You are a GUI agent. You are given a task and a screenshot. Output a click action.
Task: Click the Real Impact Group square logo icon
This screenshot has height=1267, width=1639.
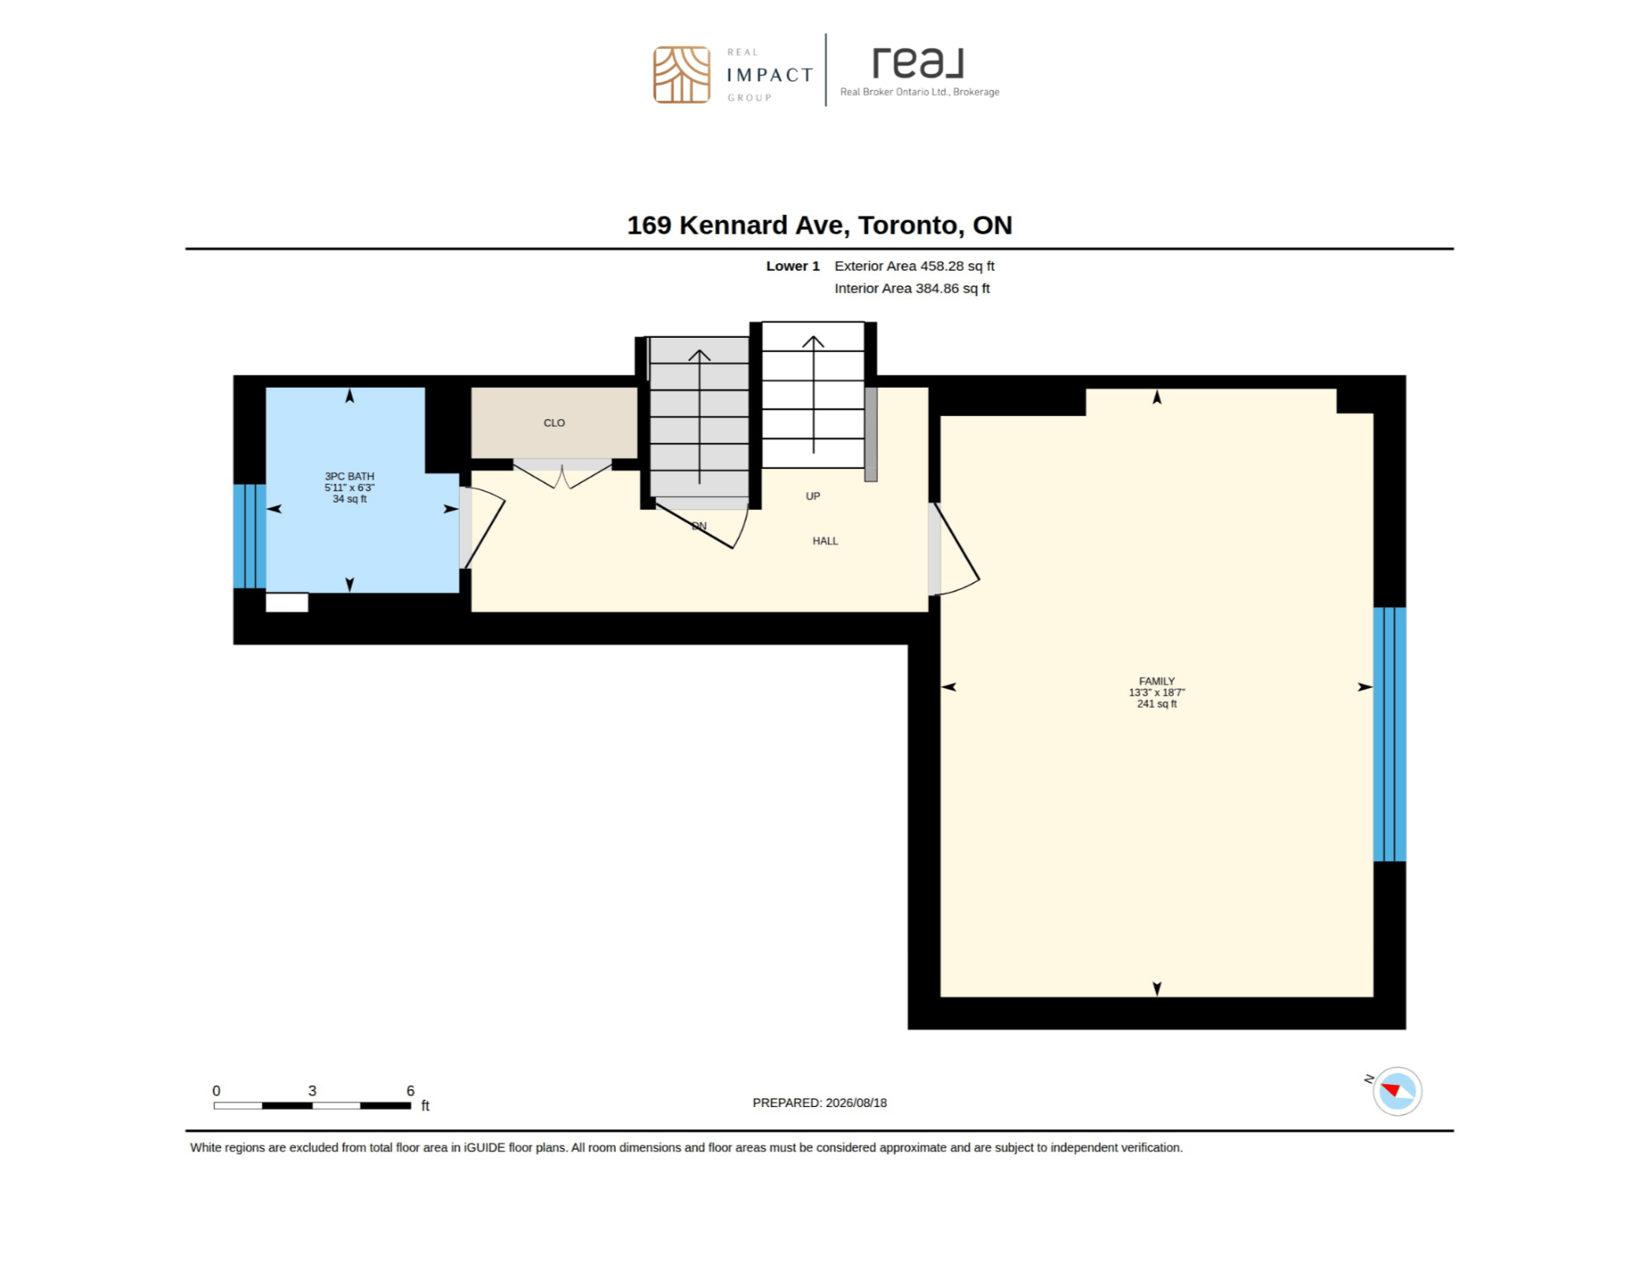681,75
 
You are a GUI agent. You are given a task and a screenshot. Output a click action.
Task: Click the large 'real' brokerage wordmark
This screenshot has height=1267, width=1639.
917,63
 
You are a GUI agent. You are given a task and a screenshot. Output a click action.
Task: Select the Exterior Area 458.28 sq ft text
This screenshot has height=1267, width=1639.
914,266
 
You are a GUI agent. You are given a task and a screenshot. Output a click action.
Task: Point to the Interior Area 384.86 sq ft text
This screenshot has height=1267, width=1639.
912,288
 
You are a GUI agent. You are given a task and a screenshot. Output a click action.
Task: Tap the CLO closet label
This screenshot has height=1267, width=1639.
554,423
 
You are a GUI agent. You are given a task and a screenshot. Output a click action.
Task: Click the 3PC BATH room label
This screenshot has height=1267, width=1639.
349,476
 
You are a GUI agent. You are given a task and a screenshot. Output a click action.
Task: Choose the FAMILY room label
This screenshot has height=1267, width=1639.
1157,681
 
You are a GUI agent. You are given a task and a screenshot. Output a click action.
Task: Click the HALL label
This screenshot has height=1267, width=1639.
825,541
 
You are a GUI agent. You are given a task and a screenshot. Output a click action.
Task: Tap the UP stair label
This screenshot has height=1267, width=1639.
813,496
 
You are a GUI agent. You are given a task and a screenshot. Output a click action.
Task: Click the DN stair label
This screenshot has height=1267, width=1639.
699,526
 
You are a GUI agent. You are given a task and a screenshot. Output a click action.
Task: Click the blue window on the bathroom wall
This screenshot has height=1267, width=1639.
249,536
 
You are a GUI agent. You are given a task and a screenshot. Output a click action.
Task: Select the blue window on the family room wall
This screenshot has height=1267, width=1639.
1390,734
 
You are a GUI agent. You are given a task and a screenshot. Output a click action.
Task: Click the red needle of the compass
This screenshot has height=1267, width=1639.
1391,1089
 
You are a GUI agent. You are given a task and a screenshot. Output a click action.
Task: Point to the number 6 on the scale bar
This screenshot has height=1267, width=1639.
410,1091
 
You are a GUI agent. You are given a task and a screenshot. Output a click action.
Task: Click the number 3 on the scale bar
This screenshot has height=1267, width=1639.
312,1091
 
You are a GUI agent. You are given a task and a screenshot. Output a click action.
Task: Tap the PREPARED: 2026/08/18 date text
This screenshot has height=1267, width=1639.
820,1103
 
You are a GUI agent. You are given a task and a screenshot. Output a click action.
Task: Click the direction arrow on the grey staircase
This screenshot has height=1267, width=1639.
699,417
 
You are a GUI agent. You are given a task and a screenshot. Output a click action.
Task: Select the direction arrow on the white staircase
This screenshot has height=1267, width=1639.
813,394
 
